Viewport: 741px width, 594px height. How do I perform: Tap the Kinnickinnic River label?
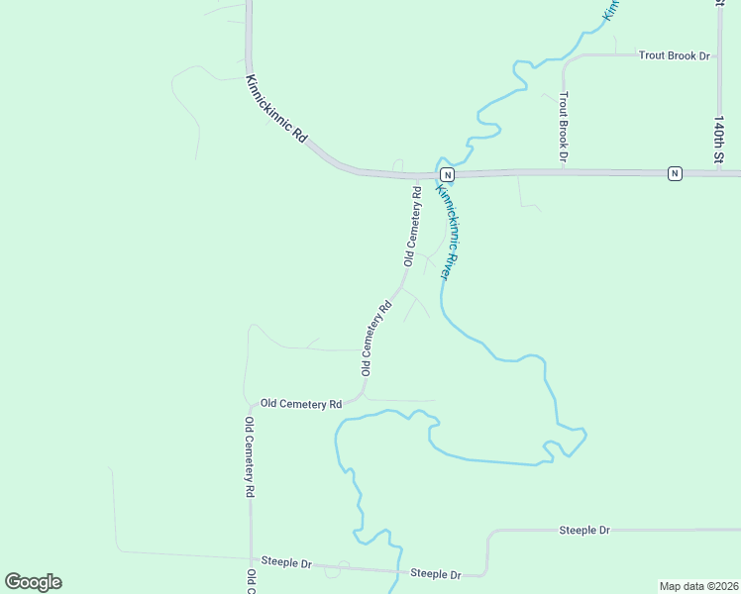450,228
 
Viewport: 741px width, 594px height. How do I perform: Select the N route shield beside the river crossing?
447,174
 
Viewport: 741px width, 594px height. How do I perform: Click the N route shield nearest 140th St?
675,173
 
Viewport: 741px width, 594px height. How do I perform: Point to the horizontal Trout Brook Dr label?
675,55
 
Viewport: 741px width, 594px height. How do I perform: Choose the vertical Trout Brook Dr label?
563,126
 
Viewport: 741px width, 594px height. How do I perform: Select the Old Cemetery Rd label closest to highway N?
413,226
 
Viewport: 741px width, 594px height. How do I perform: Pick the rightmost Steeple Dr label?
584,531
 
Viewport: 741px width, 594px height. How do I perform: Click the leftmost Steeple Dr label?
286,562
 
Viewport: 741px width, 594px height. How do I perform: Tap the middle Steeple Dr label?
436,574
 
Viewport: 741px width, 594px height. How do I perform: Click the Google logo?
33,582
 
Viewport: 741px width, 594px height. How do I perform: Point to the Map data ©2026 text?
699,585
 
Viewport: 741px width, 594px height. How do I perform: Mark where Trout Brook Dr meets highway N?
563,171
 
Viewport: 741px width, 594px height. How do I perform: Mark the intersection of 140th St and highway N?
720,172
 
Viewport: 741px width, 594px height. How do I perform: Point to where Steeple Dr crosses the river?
389,570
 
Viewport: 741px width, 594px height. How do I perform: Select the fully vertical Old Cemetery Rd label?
251,457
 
